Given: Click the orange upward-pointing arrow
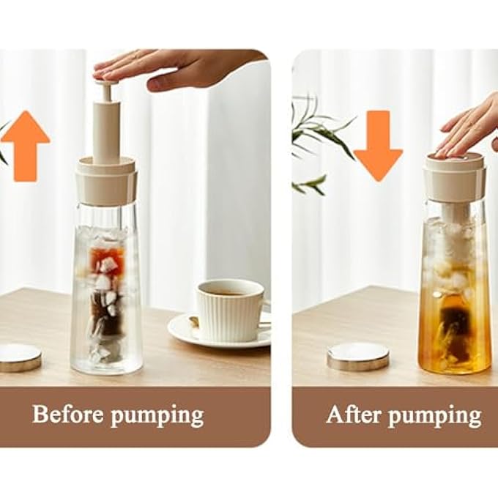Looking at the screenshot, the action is click(26, 146).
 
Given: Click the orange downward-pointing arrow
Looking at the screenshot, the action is click(379, 146).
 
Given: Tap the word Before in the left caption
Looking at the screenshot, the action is click(68, 414).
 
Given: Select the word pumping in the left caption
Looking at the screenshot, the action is click(157, 417).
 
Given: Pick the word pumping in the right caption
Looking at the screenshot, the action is click(434, 417).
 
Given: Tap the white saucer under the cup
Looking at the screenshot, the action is click(219, 332).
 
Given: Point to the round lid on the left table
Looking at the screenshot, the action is click(20, 357).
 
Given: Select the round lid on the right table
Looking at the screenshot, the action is click(358, 357).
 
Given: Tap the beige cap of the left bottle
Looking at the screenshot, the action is click(106, 181).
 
